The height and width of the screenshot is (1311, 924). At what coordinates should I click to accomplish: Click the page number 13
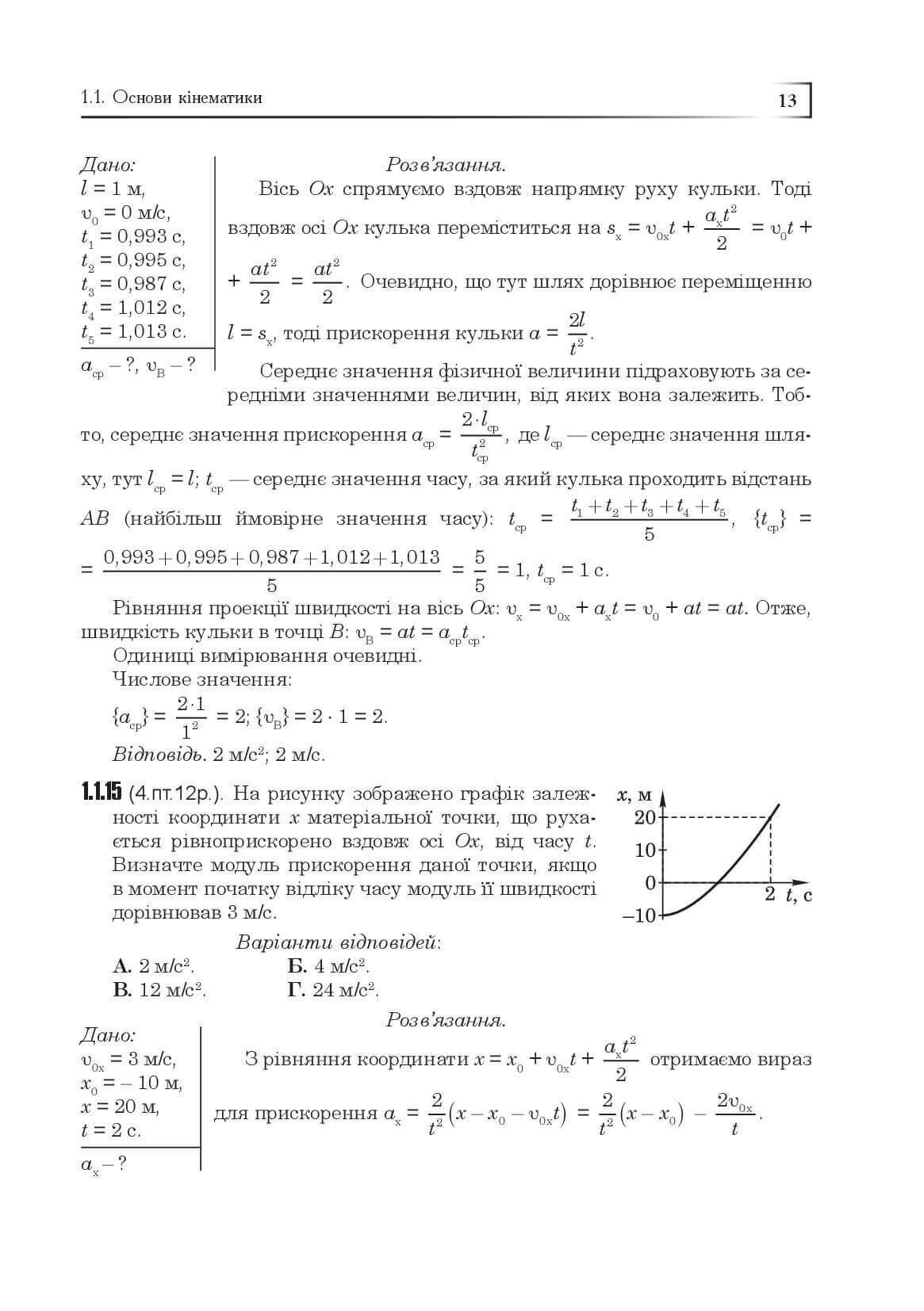click(788, 101)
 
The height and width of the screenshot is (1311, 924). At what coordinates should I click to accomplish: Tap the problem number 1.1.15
click(101, 793)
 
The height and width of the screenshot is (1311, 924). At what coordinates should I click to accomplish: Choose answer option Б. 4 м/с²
click(328, 966)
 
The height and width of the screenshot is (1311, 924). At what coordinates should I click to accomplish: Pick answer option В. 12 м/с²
click(159, 990)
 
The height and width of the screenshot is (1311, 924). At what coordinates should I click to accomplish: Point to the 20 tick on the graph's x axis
click(645, 817)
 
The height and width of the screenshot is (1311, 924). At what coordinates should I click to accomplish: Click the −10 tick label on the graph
click(639, 915)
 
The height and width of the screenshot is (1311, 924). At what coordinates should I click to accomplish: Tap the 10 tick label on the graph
click(645, 850)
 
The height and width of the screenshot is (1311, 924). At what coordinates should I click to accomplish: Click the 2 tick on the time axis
click(769, 895)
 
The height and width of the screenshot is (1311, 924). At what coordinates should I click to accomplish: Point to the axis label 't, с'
click(798, 896)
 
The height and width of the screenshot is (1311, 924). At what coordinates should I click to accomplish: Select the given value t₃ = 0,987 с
click(132, 284)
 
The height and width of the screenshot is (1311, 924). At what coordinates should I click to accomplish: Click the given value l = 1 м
click(113, 189)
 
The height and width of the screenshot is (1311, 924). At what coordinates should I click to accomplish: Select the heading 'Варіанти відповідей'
click(339, 942)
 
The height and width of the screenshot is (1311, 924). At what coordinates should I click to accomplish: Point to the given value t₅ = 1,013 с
click(133, 331)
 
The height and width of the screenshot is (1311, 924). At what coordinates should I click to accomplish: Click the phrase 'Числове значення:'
click(201, 679)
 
